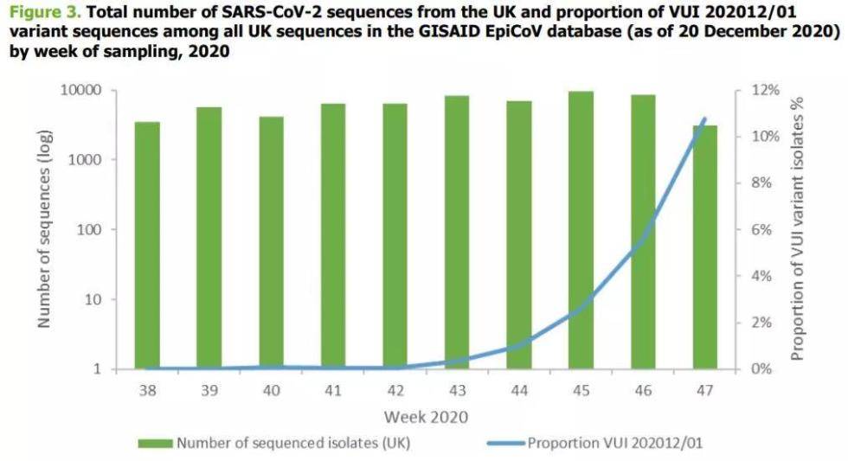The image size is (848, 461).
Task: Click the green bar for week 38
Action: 147,246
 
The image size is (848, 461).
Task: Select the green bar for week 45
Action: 581,230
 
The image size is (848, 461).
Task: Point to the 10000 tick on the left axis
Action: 82,91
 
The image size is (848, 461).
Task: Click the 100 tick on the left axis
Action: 91,230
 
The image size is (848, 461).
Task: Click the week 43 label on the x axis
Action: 457,391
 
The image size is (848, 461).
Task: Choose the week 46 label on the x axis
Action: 643,391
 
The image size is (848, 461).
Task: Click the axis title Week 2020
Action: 426,417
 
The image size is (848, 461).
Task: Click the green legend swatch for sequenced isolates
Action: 156,444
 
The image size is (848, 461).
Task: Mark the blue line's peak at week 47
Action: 705,118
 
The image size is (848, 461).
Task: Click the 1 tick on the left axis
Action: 98,369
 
